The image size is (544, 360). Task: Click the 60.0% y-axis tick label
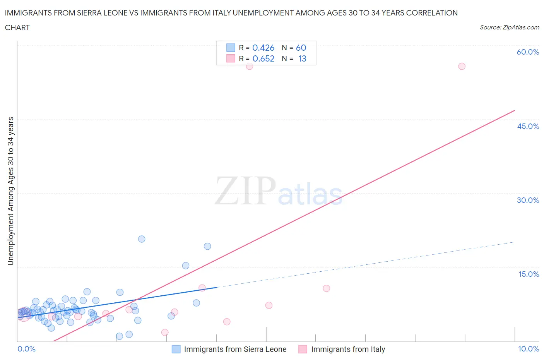[528, 52]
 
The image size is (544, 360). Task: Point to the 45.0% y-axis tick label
[528, 126]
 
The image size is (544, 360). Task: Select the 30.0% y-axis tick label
[528, 200]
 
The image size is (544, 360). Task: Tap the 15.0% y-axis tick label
[529, 274]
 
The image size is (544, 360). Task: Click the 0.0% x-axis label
[26, 349]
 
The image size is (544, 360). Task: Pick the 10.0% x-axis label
[529, 349]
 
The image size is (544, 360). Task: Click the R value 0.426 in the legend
[263, 48]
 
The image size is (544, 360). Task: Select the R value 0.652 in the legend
[263, 58]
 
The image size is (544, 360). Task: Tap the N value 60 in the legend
[301, 48]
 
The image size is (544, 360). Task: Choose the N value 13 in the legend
[302, 58]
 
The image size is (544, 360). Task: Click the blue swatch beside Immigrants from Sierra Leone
[176, 349]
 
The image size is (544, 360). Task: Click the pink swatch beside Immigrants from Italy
[303, 349]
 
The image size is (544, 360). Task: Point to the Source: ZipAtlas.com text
[509, 27]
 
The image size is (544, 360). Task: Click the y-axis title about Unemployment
[10, 191]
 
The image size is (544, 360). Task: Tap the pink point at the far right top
[462, 66]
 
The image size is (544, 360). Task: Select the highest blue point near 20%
[142, 239]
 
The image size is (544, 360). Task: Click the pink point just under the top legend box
[250, 66]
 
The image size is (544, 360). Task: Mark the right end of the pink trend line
[515, 110]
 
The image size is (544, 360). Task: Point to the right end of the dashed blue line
[514, 242]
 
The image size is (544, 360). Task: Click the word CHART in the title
[17, 27]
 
